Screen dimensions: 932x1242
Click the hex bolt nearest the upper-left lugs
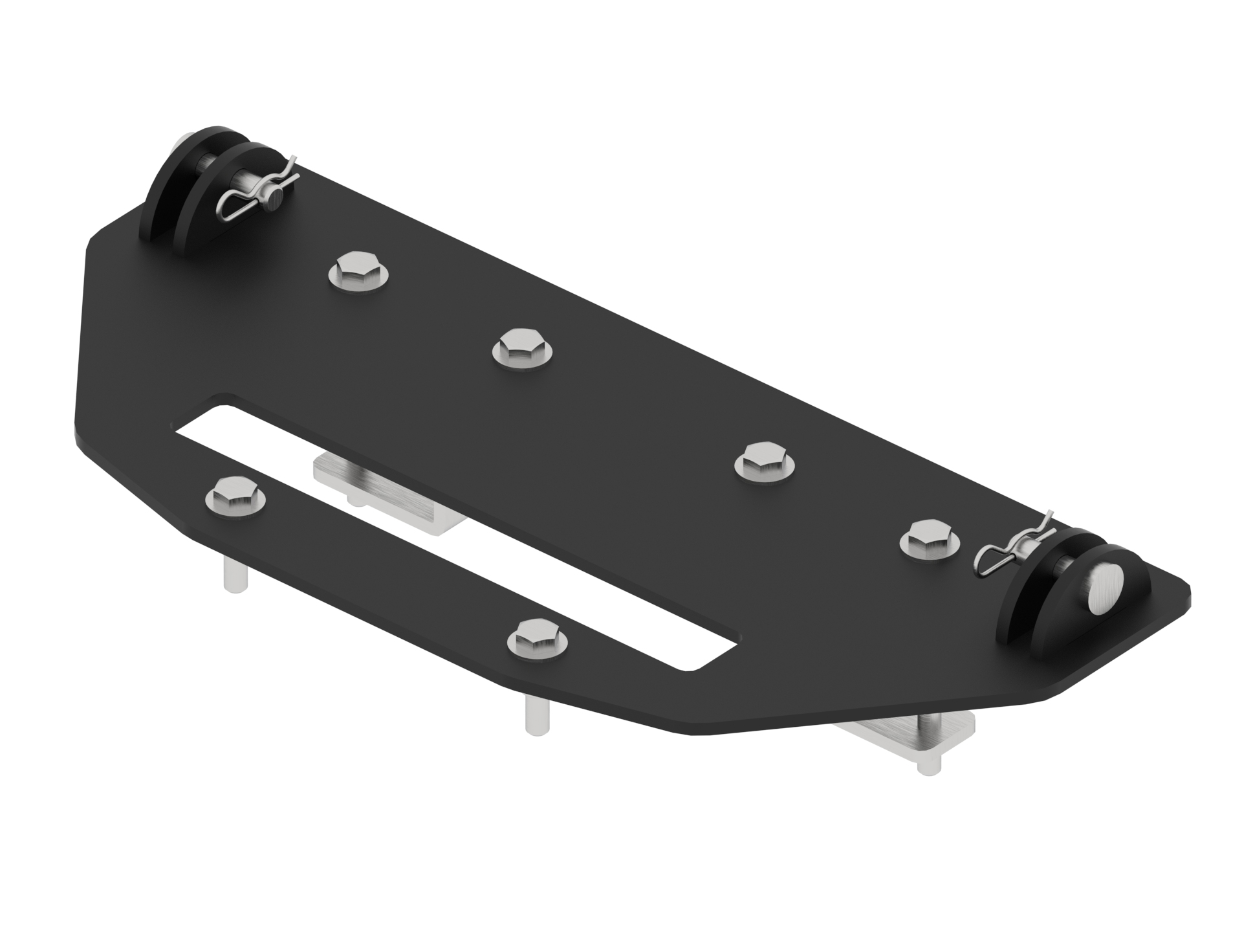pyautogui.click(x=359, y=272)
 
